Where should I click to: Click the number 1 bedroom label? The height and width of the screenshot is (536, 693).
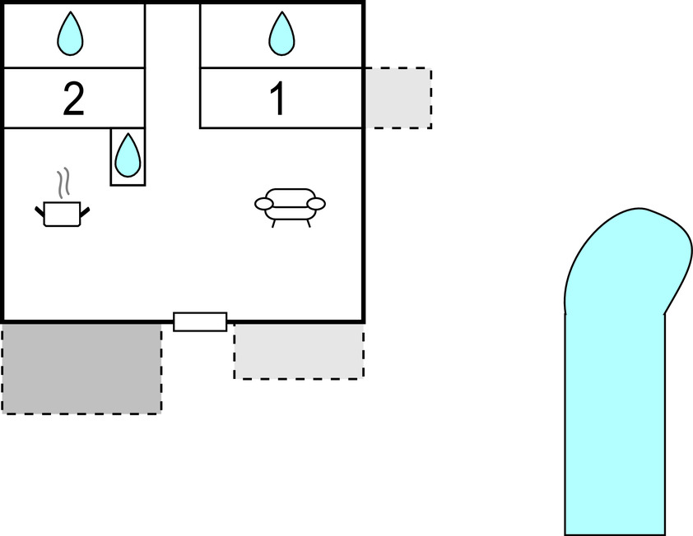(278, 99)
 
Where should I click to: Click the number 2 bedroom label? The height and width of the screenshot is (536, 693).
(73, 99)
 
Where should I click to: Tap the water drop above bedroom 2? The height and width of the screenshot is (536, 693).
(71, 35)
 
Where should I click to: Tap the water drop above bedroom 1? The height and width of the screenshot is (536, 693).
(281, 35)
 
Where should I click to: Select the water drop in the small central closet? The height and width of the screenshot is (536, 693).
(127, 155)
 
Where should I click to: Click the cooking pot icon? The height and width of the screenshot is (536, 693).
(62, 213)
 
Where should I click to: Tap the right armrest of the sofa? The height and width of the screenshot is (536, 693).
(316, 203)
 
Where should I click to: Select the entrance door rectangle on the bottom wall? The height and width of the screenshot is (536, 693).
(200, 321)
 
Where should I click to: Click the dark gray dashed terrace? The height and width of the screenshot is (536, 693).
(81, 367)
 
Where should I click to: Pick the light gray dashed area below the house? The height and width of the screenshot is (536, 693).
(299, 350)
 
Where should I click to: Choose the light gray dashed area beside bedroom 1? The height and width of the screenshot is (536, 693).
(398, 98)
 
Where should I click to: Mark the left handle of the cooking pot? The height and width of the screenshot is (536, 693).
(40, 213)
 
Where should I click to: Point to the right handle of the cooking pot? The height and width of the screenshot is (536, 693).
(84, 213)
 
